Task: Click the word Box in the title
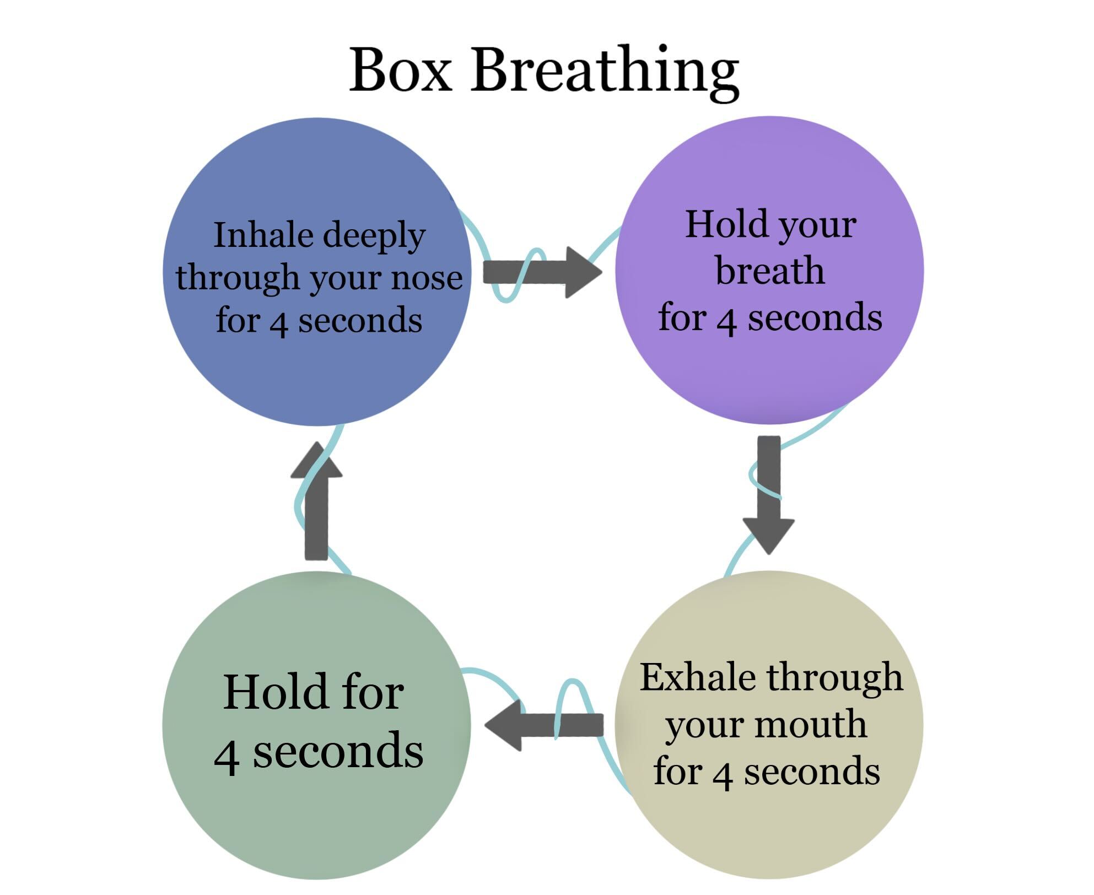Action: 401,69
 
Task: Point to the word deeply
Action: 374,237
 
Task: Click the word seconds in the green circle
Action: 338,752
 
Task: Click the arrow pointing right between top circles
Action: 542,272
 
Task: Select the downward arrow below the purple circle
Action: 768,495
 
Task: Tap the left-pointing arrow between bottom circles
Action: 544,725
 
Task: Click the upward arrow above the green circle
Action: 316,500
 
